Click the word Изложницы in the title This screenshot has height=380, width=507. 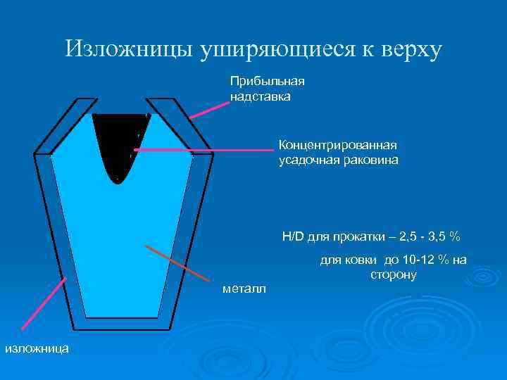pyautogui.click(x=130, y=49)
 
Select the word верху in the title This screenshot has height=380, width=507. pyautogui.click(x=411, y=50)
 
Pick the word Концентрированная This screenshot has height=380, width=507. pyautogui.click(x=338, y=145)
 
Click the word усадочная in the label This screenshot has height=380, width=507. pyautogui.click(x=308, y=160)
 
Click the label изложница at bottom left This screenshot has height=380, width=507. pyautogui.click(x=37, y=348)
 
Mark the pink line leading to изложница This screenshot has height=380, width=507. pyautogui.click(x=44, y=303)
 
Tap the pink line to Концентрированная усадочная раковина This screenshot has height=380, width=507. pyautogui.click(x=204, y=150)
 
